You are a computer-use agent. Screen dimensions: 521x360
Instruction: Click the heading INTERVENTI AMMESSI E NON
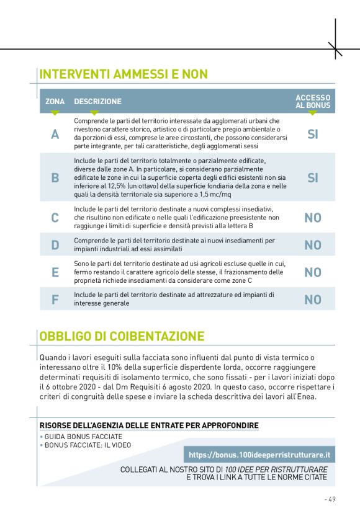pos(124,74)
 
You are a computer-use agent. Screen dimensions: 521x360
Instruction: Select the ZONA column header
pos(55,101)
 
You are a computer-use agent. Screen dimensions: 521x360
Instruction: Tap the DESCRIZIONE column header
pos(97,101)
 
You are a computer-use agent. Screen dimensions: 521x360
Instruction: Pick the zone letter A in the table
pos(55,134)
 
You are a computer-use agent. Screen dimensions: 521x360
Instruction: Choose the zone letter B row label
pos(55,178)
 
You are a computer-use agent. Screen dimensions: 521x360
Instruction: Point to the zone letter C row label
pos(55,218)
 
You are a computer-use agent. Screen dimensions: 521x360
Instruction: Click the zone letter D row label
pos(55,245)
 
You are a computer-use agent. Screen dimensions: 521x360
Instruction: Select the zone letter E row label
pos(55,272)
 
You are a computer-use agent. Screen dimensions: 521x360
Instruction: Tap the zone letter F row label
pos(55,300)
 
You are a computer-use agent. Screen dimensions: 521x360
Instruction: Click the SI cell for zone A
pos(313,134)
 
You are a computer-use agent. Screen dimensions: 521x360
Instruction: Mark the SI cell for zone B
pos(313,178)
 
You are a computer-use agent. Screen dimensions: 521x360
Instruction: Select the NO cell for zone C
pos(313,218)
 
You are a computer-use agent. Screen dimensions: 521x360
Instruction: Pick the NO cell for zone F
pos(313,300)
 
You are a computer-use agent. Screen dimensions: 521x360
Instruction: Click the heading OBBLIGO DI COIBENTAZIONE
pos(122,337)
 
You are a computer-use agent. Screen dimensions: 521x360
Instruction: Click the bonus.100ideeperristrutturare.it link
pos(258,455)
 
